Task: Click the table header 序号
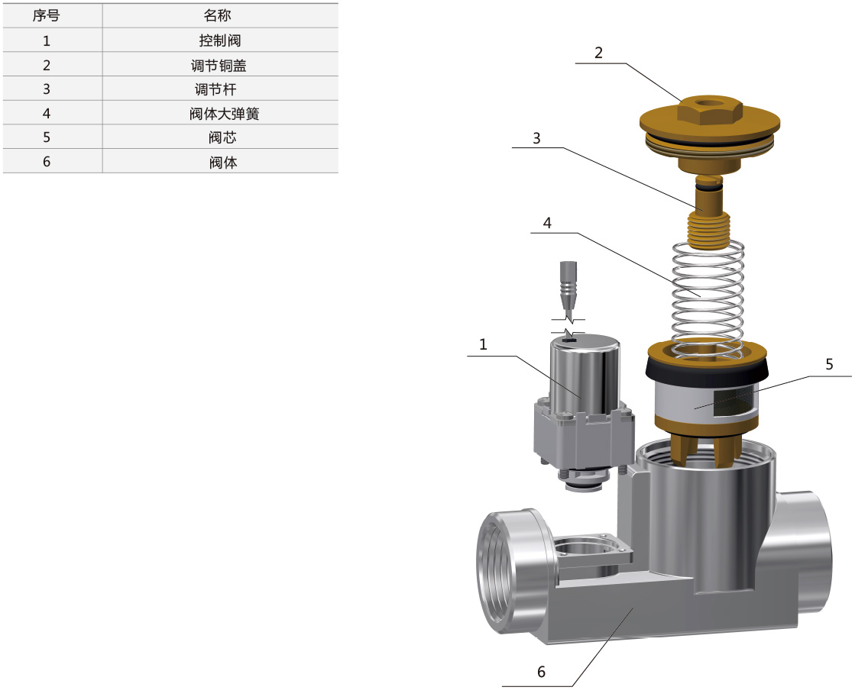pyautogui.click(x=46, y=15)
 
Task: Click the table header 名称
pyautogui.click(x=217, y=15)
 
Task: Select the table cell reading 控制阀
pyautogui.click(x=220, y=40)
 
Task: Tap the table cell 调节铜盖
pyautogui.click(x=219, y=65)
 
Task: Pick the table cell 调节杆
pyautogui.click(x=215, y=89)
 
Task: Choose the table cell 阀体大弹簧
pyautogui.click(x=224, y=113)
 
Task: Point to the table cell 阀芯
pyautogui.click(x=222, y=137)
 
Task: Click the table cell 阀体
pyautogui.click(x=223, y=162)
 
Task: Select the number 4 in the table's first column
pyautogui.click(x=47, y=113)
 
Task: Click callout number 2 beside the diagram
pyautogui.click(x=598, y=53)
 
